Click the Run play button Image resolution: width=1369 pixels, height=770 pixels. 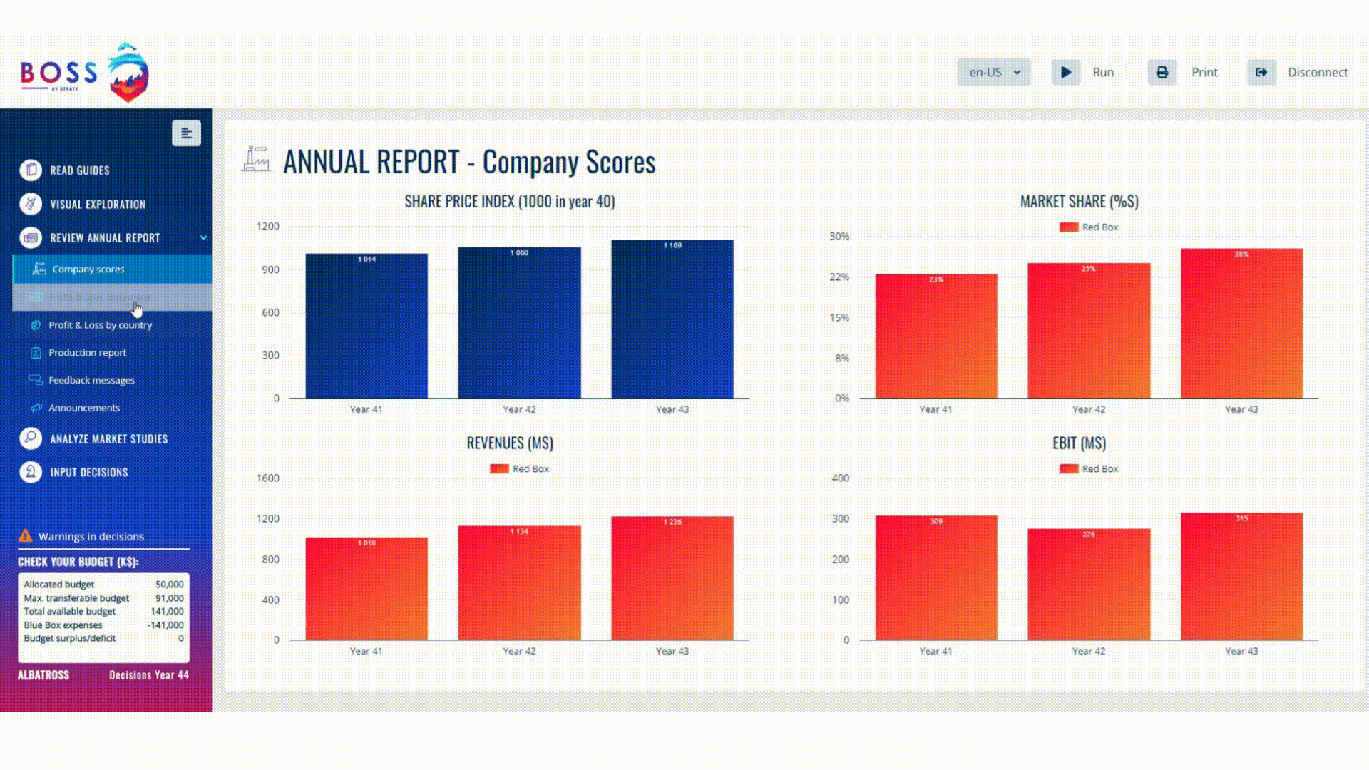click(1066, 72)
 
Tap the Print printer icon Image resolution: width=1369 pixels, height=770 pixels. click(1162, 72)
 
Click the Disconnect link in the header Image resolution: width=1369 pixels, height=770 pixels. click(1317, 72)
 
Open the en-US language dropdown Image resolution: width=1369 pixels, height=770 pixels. click(994, 72)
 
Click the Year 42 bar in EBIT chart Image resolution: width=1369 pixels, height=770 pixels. click(1088, 584)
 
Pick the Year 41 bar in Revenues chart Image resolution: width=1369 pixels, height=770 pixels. click(366, 588)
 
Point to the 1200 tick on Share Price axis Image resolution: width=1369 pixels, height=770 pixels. click(268, 226)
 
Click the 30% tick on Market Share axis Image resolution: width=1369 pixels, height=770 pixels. click(839, 236)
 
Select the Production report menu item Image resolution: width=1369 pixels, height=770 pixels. click(87, 353)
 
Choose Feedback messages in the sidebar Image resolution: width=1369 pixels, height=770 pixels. click(91, 381)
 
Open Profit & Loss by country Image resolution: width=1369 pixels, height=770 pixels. click(100, 325)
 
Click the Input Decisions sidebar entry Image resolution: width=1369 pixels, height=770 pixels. click(88, 473)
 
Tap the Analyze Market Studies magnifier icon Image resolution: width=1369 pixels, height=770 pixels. click(31, 438)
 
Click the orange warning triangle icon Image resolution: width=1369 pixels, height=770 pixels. click(26, 536)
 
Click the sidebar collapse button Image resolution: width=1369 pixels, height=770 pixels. click(186, 133)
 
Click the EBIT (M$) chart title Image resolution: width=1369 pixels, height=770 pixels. click(1079, 443)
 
